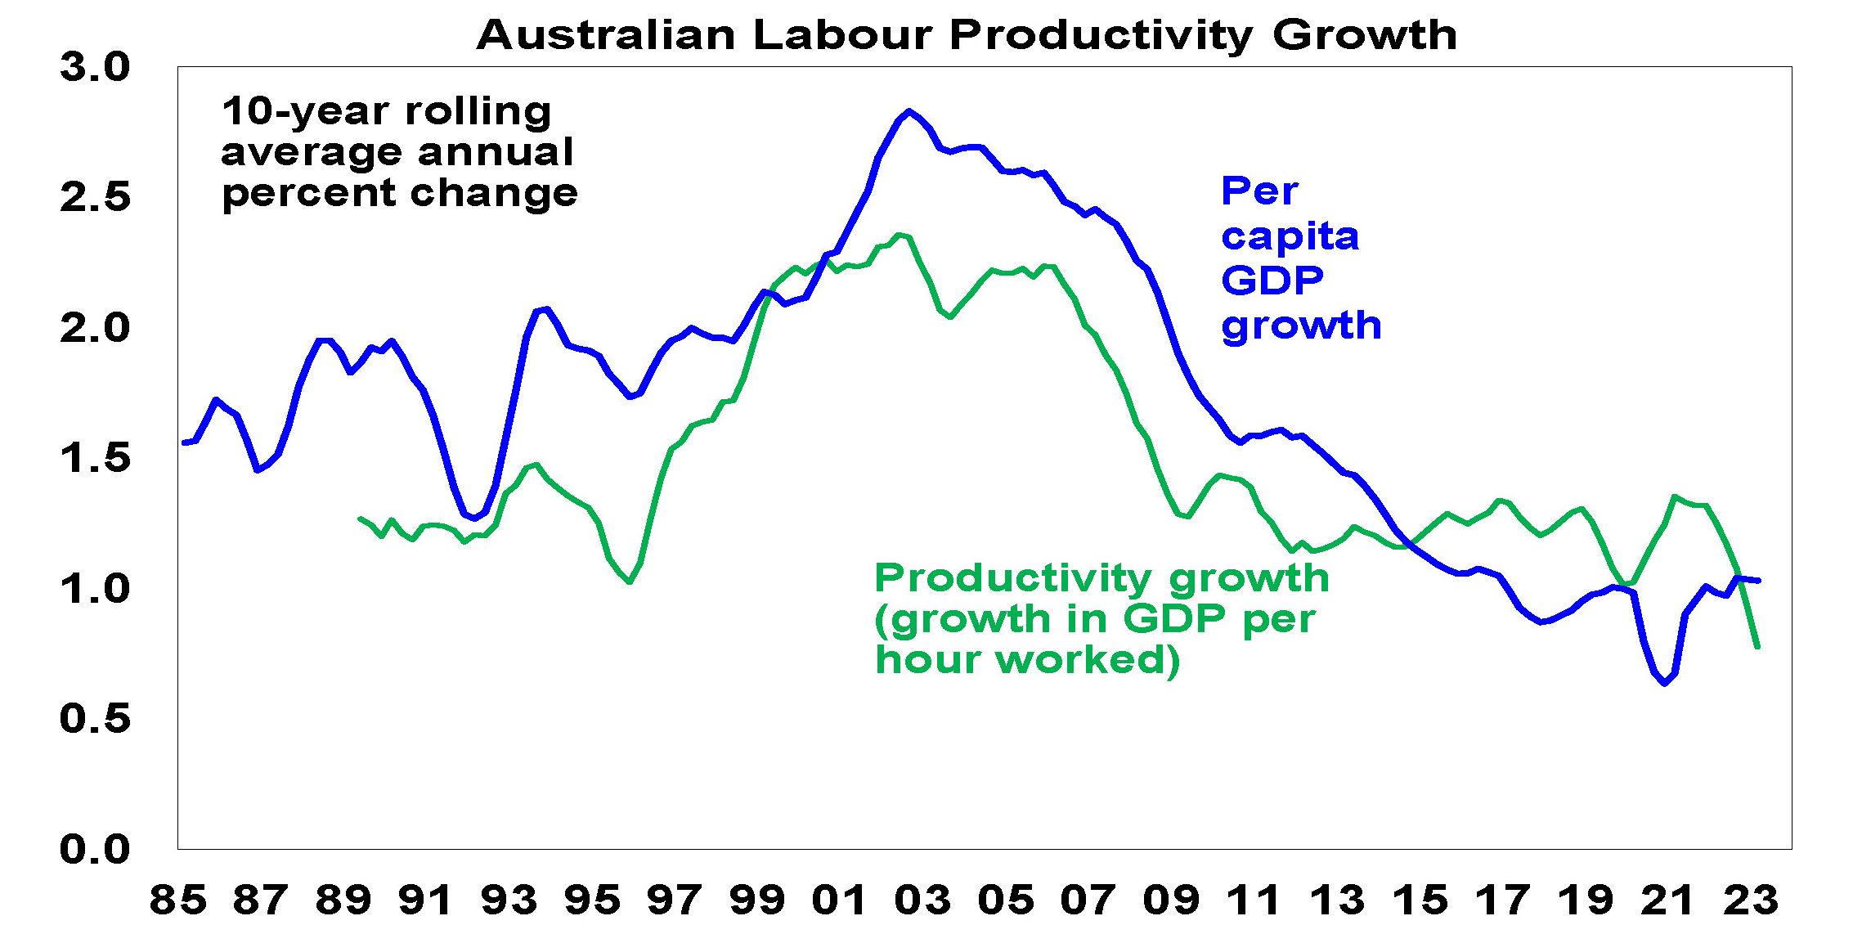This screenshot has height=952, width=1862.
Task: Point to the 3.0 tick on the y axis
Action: [95, 67]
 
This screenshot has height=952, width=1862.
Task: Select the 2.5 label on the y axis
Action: [95, 197]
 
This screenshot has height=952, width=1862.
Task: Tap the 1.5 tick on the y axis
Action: [95, 458]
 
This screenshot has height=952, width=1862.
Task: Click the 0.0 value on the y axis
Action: [95, 849]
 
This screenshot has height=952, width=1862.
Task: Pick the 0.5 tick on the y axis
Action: [95, 718]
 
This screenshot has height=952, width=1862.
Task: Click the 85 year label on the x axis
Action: [177, 900]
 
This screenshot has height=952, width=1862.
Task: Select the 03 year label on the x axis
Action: [923, 900]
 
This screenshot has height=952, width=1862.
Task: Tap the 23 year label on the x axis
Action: [1751, 900]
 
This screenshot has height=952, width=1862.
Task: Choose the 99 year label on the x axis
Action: [757, 900]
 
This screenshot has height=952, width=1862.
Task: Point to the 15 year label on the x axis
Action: [1420, 900]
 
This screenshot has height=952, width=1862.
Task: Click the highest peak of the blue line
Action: [909, 110]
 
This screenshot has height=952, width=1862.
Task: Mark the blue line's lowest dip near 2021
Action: [1665, 684]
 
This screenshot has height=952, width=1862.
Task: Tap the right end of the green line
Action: [1757, 648]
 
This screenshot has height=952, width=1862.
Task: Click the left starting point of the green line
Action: [360, 519]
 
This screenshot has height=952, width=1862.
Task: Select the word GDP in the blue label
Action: [1272, 281]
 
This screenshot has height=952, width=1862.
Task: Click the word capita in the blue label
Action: [1290, 237]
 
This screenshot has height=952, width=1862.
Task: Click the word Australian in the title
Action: [607, 35]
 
